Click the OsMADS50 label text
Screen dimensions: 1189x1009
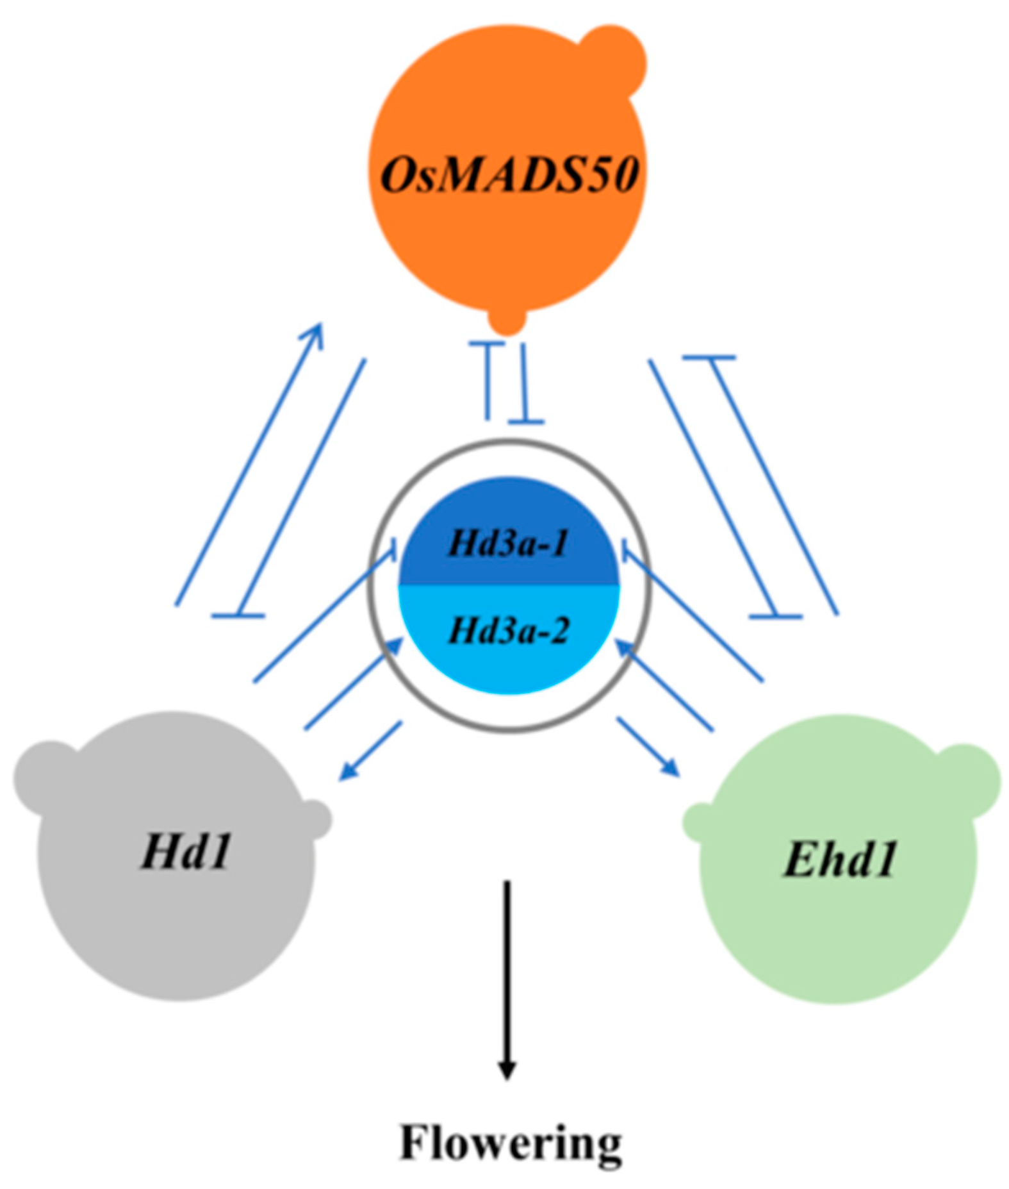click(x=509, y=174)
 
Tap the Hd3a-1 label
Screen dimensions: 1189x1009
click(x=508, y=544)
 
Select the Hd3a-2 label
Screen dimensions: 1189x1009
click(x=508, y=630)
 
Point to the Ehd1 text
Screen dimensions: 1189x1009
click(x=840, y=859)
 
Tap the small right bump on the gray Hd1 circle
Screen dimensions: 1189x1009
click(x=315, y=819)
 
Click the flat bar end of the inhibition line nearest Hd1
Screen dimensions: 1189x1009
click(x=238, y=616)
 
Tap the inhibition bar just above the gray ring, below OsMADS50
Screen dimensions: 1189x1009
click(x=526, y=422)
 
